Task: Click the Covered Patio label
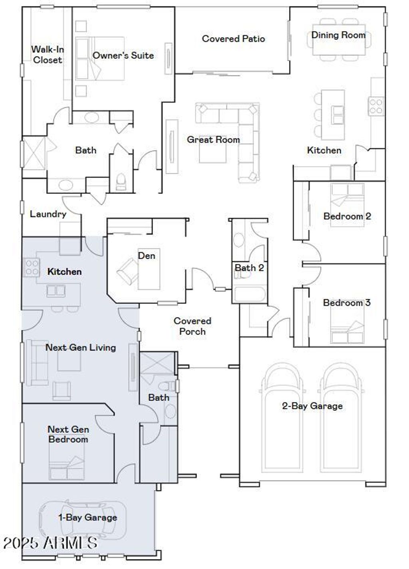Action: tap(233, 39)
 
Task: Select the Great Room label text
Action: tap(213, 140)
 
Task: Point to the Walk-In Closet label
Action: tap(47, 55)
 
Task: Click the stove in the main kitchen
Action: tap(376, 106)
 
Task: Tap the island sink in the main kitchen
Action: tap(338, 114)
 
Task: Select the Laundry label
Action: tap(48, 214)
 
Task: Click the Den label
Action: tap(147, 256)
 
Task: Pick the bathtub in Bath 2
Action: tap(249, 294)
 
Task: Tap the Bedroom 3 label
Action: tap(347, 303)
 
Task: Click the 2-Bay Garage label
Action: tap(312, 406)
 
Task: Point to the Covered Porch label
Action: tap(193, 326)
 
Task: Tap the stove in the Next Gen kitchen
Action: tap(32, 268)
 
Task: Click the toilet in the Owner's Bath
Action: tap(120, 182)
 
